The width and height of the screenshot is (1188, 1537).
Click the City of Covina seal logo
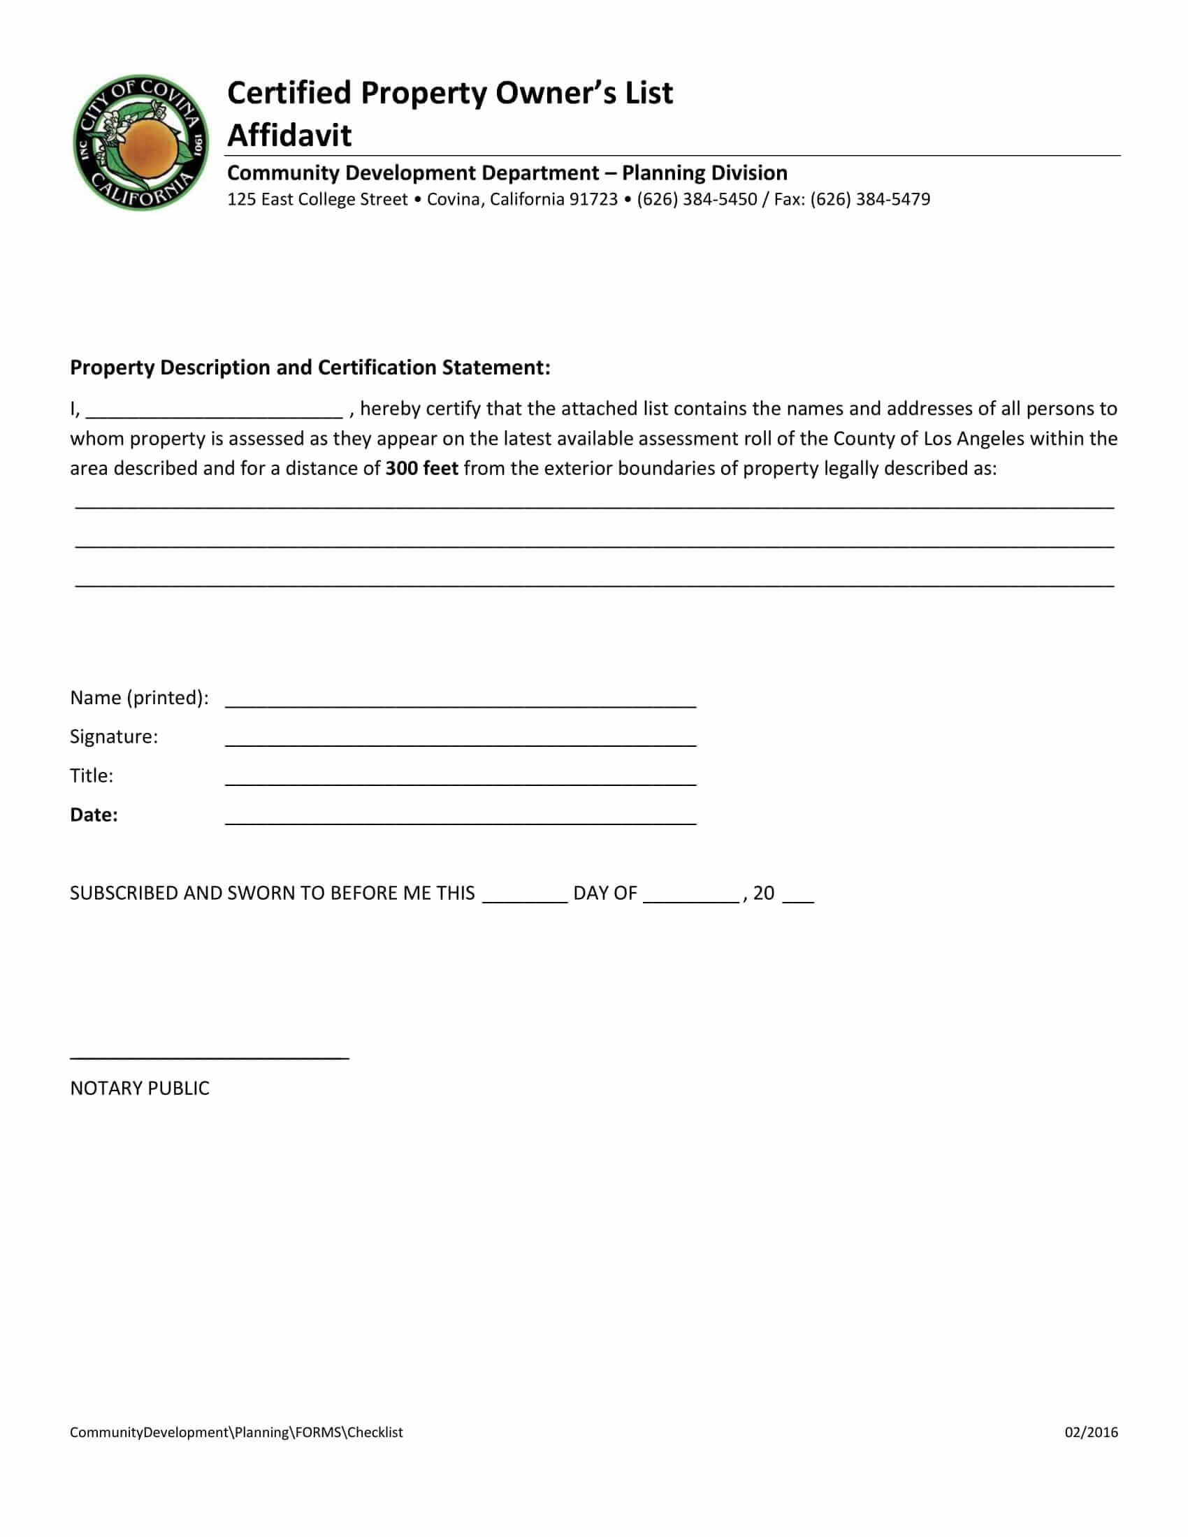click(140, 142)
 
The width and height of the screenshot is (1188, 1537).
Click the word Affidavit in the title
click(289, 135)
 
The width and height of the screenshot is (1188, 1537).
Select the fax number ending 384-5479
click(870, 199)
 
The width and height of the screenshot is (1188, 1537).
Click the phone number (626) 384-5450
click(696, 199)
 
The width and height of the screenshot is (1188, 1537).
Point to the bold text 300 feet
click(421, 468)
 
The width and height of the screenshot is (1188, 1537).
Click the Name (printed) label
click(138, 697)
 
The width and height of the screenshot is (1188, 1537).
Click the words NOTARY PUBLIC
click(139, 1088)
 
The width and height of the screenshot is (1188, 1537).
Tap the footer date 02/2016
click(1090, 1432)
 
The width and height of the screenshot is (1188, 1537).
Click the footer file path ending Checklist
click(236, 1432)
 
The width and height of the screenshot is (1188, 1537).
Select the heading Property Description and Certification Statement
click(310, 367)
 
